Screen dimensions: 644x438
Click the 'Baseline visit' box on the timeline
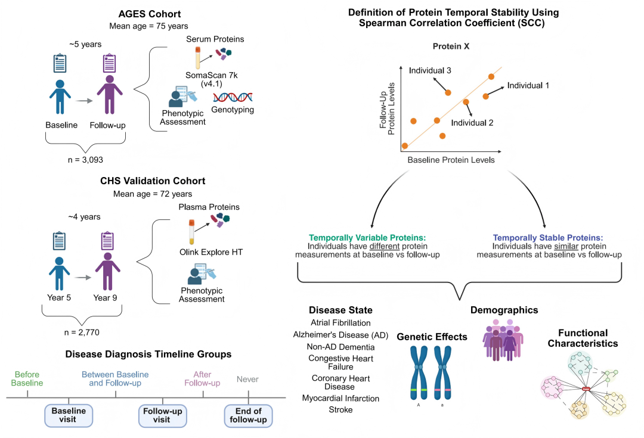coord(69,415)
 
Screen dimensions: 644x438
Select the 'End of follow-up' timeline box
coord(248,415)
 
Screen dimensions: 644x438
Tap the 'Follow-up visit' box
coord(163,415)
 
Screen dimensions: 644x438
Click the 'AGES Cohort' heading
coord(150,14)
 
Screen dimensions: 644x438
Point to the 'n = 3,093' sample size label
coord(85,160)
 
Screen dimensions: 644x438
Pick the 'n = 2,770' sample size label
coord(82,332)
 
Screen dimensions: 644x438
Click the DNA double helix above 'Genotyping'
coord(233,97)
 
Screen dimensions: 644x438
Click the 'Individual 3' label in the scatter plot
coord(429,70)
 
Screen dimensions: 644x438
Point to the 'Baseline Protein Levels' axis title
coord(451,160)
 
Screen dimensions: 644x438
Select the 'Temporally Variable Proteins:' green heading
coord(367,238)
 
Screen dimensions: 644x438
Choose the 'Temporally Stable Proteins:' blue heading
coord(548,238)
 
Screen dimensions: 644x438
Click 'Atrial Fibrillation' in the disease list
coord(340,322)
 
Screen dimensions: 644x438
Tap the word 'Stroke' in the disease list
coord(340,409)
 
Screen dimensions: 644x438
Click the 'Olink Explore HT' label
coord(211,252)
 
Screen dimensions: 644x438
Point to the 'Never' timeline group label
coord(247,379)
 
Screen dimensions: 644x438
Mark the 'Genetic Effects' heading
coord(432,337)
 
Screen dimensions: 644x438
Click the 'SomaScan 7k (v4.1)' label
coord(212,79)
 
